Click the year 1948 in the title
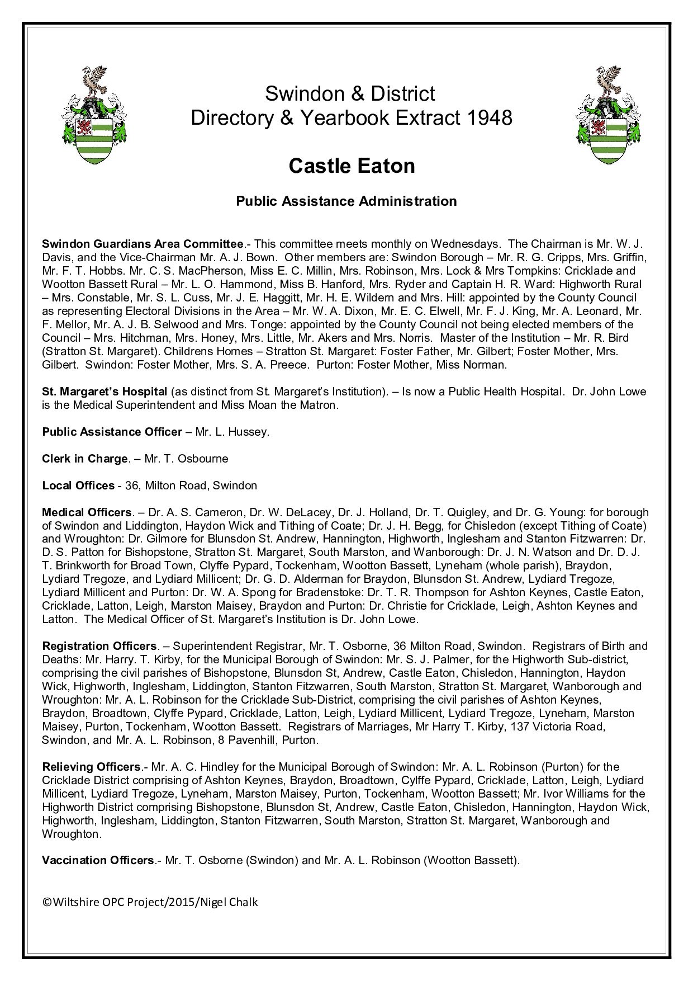(487, 117)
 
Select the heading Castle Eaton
(352, 166)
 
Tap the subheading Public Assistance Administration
(346, 201)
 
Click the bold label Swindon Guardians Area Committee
(143, 244)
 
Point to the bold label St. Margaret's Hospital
(105, 392)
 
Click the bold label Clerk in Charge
(85, 459)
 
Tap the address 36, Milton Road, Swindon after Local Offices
(191, 485)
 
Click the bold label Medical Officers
(87, 512)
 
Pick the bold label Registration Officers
(99, 646)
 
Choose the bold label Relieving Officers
(91, 767)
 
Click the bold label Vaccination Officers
(98, 860)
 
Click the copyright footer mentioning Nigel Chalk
(150, 902)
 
